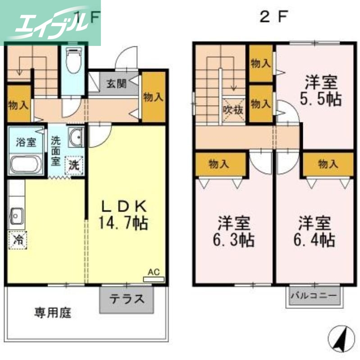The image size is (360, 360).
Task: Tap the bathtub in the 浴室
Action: point(25,164)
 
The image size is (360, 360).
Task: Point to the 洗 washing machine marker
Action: point(74,164)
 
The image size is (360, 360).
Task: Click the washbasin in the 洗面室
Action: point(76,136)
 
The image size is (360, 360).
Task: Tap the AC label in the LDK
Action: point(154,272)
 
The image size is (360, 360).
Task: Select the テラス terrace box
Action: point(127,299)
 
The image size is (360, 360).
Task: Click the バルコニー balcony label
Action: point(314,297)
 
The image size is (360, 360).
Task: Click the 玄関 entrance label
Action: point(116,83)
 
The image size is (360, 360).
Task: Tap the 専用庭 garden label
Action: point(53,312)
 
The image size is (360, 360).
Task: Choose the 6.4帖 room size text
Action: point(314,239)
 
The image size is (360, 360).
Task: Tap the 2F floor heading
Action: point(273,17)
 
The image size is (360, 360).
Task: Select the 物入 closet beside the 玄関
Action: point(153,97)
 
